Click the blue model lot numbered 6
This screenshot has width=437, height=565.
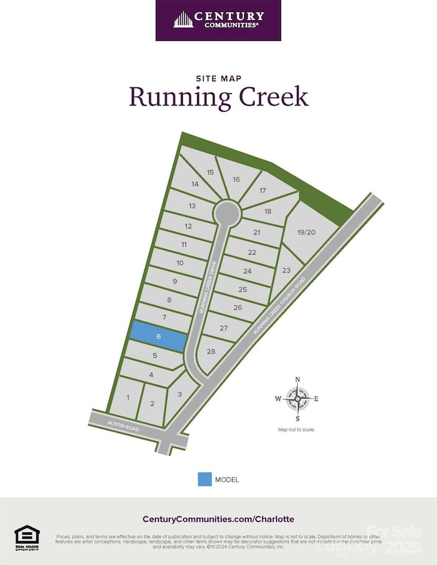click(158, 337)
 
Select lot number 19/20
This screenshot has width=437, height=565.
click(305, 232)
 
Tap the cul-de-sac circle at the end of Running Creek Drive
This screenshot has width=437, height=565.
click(227, 214)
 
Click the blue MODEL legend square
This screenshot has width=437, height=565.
click(204, 479)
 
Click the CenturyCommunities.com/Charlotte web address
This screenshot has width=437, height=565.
click(218, 519)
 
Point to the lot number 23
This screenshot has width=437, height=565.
click(286, 270)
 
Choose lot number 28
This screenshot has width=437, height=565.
click(211, 351)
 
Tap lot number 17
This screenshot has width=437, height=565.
click(263, 191)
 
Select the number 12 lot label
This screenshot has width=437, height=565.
click(188, 226)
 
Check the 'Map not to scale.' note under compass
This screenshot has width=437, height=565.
click(296, 429)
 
